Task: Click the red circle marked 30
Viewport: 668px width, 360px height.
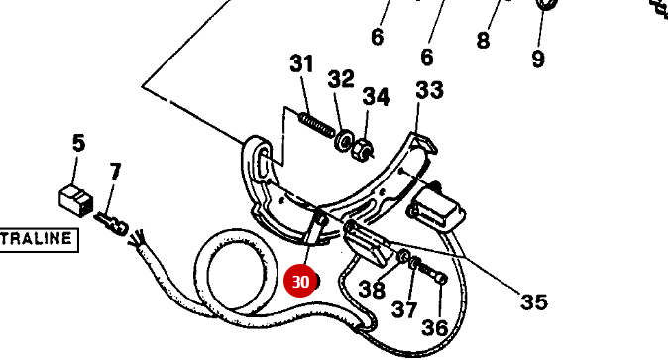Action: click(x=301, y=282)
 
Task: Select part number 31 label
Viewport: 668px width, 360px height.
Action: click(x=301, y=64)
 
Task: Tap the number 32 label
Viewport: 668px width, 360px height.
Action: click(x=341, y=79)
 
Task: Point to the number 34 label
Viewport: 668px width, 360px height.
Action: click(x=376, y=97)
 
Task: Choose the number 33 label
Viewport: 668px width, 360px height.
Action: click(x=429, y=91)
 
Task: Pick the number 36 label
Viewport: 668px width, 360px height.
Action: click(x=436, y=327)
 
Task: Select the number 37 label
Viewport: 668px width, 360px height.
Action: click(x=404, y=309)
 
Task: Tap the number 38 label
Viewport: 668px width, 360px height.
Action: click(x=372, y=290)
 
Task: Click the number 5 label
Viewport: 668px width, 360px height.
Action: click(x=79, y=144)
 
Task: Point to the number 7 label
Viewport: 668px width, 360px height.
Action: click(x=115, y=172)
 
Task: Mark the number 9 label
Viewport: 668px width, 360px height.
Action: click(x=538, y=60)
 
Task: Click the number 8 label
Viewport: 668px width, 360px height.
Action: click(x=483, y=41)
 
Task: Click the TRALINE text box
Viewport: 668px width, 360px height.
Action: click(x=38, y=239)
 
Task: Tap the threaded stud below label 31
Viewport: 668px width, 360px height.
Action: click(x=314, y=127)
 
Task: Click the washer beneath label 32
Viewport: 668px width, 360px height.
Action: click(x=345, y=142)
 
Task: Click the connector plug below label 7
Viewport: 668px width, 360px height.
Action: click(x=113, y=226)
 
